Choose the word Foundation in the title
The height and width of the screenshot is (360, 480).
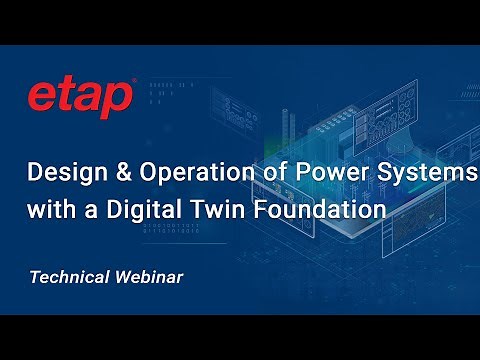click(326, 211)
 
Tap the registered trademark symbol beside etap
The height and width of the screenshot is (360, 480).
click(134, 81)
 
